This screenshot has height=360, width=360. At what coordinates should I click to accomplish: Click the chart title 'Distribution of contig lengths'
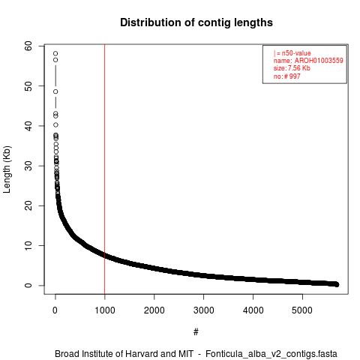tap(196, 22)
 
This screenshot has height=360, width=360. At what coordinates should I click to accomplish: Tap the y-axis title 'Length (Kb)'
tap(7, 169)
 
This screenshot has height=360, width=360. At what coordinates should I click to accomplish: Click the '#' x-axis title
tap(196, 332)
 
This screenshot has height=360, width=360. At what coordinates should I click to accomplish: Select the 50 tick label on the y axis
tap(28, 86)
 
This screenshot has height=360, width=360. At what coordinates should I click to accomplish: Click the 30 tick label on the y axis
tap(28, 166)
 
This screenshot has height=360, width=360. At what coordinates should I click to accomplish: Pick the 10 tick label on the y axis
tap(28, 245)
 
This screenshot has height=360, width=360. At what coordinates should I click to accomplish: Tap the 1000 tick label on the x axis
tap(105, 310)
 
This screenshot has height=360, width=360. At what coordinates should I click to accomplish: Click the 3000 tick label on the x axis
tap(204, 310)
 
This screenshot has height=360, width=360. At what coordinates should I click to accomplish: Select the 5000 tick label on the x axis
tap(302, 310)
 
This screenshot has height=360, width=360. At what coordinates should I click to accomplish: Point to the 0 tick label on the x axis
tap(55, 310)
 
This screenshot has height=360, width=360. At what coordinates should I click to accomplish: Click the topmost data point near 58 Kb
tap(55, 53)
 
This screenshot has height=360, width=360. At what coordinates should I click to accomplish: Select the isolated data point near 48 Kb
tap(55, 91)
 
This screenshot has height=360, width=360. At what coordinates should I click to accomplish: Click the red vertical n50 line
tap(105, 169)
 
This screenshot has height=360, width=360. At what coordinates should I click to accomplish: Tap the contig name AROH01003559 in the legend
tap(319, 61)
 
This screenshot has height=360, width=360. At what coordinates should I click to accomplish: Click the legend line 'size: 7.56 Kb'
tap(292, 68)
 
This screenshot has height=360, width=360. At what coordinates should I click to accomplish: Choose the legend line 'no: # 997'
tap(286, 76)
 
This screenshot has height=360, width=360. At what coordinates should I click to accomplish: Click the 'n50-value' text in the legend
tap(296, 53)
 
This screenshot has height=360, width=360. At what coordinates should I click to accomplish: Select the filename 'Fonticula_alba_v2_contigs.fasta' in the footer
tap(271, 354)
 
